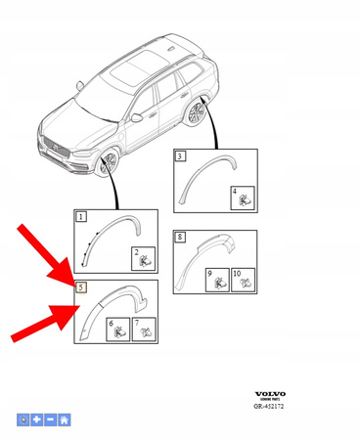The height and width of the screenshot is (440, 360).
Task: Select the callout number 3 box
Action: coord(180,155)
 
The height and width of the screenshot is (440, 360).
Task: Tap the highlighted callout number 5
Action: coord(82,287)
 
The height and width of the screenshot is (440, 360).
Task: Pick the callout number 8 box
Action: coord(180,237)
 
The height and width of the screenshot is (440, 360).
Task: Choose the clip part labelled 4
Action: coord(243,198)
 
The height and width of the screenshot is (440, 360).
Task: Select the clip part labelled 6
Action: coord(116,330)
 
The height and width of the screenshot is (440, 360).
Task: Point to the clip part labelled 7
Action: coord(142,330)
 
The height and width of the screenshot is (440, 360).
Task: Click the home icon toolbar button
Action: coord(65,419)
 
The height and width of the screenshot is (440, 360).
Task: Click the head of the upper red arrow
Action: coord(72,278)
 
